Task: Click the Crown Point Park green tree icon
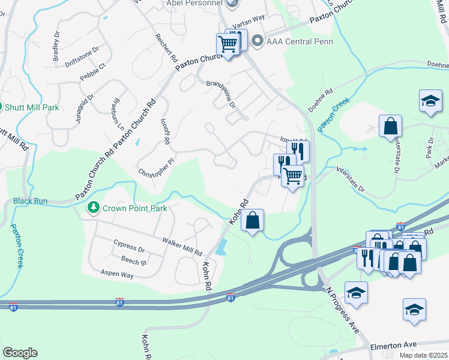[x=93, y=208]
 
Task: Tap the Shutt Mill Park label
[x=32, y=107]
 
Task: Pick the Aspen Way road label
[x=119, y=274]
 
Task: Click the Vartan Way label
[x=251, y=20]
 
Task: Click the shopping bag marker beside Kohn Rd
[x=253, y=220]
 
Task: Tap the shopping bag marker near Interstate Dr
[x=390, y=126]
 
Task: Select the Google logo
[x=20, y=353]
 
